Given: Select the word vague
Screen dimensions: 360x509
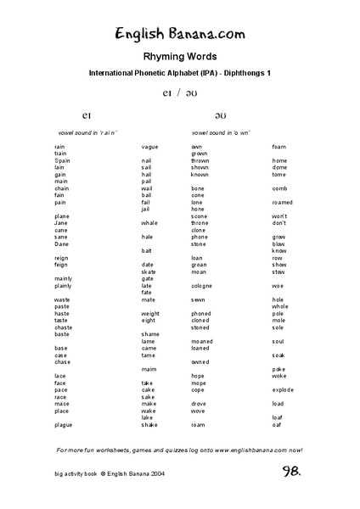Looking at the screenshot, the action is coord(150,147).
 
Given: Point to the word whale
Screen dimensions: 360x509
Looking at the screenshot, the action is coord(150,223).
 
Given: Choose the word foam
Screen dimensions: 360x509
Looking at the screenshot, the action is coord(279,147).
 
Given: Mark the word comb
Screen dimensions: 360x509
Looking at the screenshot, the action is coord(280,188).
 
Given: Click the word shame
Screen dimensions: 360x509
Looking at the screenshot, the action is coord(150,334).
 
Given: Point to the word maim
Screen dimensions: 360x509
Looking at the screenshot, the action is coord(149,369).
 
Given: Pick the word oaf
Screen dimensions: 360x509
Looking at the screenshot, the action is coord(277,424).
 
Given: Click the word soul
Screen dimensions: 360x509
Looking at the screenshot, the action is coord(278,341).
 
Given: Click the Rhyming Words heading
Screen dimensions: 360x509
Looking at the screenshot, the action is coord(179,56).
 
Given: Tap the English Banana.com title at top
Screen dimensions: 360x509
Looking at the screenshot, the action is coord(180,33).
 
